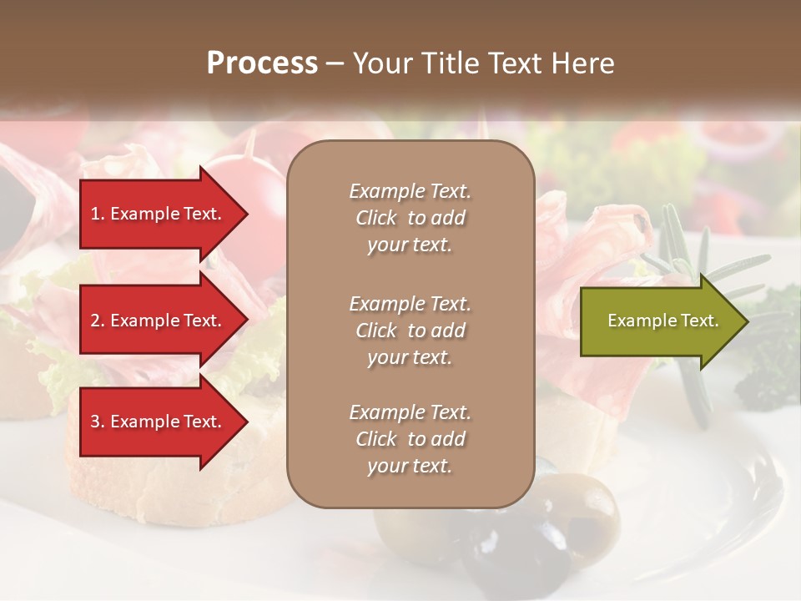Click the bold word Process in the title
pyautogui.click(x=262, y=63)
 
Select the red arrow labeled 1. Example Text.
pyautogui.click(x=159, y=214)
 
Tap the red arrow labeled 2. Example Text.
pyautogui.click(x=159, y=321)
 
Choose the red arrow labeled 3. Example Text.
pyautogui.click(x=159, y=422)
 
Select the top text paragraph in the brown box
pyautogui.click(x=410, y=218)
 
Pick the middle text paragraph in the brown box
pyautogui.click(x=410, y=331)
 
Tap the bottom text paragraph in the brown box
pyautogui.click(x=410, y=439)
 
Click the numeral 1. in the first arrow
pyautogui.click(x=98, y=214)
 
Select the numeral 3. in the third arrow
pyautogui.click(x=98, y=422)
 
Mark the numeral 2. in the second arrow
pyautogui.click(x=98, y=321)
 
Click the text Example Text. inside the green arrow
pyautogui.click(x=662, y=321)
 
